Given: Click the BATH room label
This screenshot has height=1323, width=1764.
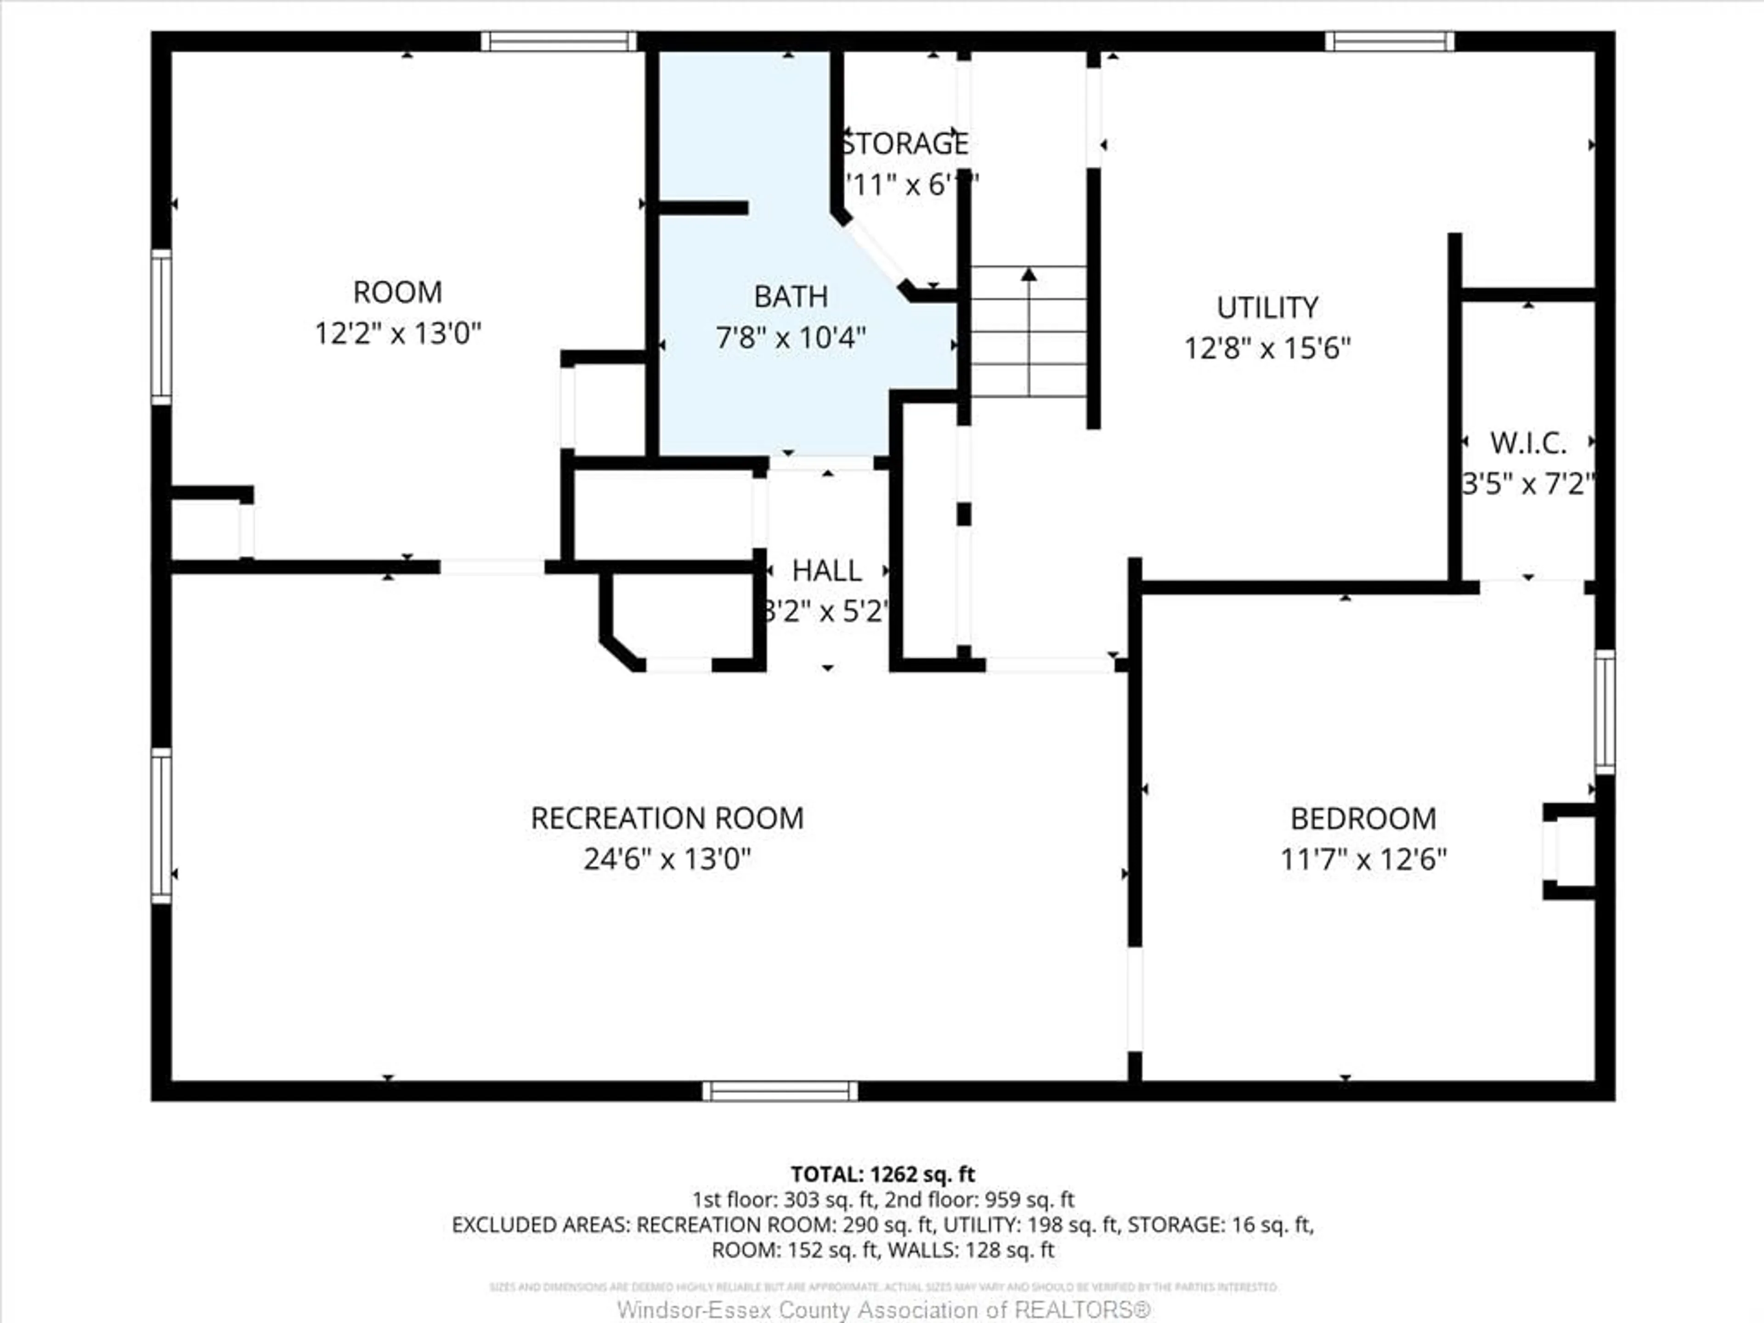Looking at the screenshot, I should tap(790, 297).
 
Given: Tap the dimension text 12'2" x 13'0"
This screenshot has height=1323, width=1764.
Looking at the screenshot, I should tap(398, 334).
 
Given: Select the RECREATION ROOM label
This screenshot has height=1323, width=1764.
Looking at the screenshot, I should tap(667, 818).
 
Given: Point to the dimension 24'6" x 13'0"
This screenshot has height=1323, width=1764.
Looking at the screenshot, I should tap(667, 859).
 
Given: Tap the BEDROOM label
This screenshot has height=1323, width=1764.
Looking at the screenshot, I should tap(1363, 819).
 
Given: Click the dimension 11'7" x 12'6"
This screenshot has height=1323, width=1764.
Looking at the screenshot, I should tap(1363, 859).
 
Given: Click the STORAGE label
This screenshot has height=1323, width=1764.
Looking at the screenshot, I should tap(905, 143).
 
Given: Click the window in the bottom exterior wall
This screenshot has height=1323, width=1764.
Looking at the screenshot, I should tap(780, 1091).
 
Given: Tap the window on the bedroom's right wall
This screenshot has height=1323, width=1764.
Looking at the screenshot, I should tap(1605, 711).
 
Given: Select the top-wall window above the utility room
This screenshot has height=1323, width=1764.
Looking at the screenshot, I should tap(1389, 41).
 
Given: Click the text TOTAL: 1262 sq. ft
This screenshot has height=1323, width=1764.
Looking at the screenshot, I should tap(882, 1174).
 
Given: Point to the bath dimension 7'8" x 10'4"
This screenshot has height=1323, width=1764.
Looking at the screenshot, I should tap(790, 338).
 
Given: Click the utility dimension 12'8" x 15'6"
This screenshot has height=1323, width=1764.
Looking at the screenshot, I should tap(1266, 349).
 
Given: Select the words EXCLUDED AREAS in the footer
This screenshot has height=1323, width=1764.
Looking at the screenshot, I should tap(540, 1224).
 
